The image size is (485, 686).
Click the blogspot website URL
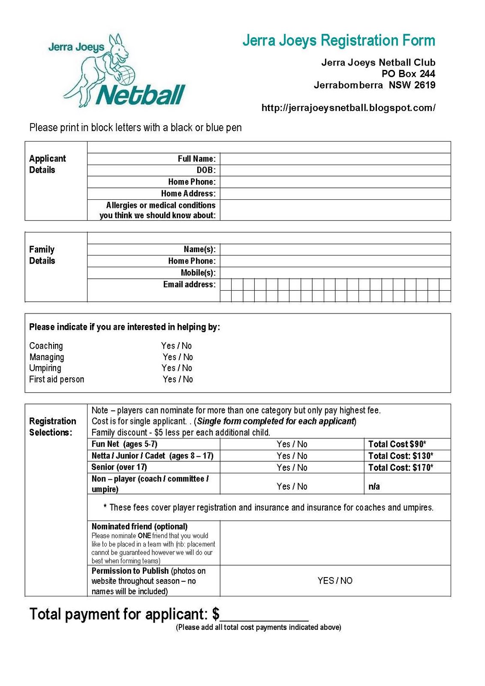point(348,108)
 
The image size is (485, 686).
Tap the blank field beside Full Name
point(335,159)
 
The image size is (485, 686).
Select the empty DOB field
point(335,170)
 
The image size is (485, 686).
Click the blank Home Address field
point(335,193)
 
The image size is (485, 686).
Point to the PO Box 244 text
point(408,74)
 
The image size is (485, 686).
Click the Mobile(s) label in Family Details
point(198,273)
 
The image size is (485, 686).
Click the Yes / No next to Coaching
point(176,346)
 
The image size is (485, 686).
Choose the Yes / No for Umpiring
point(176,368)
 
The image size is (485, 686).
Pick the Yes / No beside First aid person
point(178,379)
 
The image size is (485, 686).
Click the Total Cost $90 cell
point(397,444)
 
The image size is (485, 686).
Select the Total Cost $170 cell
point(401,467)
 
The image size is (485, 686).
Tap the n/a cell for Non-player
point(374,486)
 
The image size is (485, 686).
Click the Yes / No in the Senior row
point(292,467)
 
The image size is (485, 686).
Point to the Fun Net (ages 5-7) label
point(124,444)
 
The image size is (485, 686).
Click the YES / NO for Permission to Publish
point(335,581)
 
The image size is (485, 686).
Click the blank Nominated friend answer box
point(335,543)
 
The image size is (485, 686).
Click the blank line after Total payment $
point(264,616)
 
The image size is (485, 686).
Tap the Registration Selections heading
point(53,427)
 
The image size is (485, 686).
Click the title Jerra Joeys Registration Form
point(339,40)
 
